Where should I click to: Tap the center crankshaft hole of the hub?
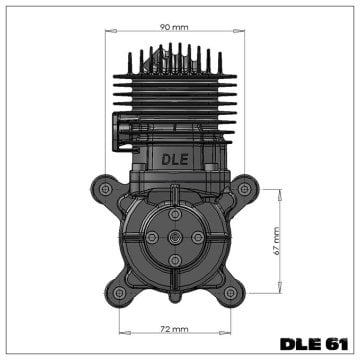tap(176, 236)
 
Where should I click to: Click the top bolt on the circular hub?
tap(176, 212)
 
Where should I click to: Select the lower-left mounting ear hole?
tap(120, 292)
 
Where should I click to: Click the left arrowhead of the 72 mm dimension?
tap(122, 335)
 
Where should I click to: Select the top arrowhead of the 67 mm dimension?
tap(278, 190)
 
